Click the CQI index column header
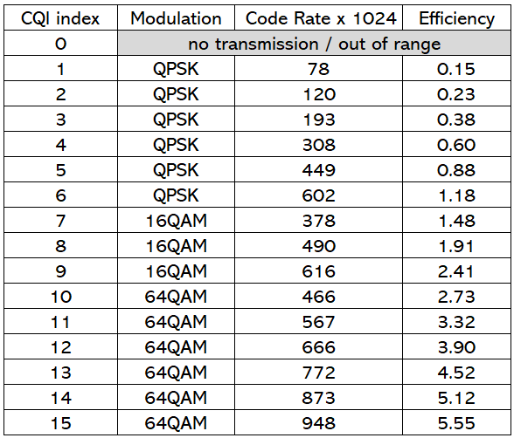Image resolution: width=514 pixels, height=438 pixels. pyautogui.click(x=60, y=17)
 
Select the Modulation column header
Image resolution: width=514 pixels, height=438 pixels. pyautogui.click(x=176, y=17)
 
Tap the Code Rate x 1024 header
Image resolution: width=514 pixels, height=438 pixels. pyautogui.click(x=321, y=17)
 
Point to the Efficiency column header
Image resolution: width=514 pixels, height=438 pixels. pyautogui.click(x=456, y=17)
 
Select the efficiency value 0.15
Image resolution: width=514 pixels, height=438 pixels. pyautogui.click(x=456, y=69)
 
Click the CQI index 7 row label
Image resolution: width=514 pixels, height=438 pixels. pyautogui.click(x=60, y=221)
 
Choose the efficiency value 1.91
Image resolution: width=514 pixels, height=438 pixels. pyautogui.click(x=456, y=246)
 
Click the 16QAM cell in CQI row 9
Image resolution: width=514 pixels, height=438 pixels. pyautogui.click(x=176, y=271)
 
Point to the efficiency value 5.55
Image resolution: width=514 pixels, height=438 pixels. pyautogui.click(x=456, y=423)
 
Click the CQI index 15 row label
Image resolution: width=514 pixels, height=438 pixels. pyautogui.click(x=60, y=423)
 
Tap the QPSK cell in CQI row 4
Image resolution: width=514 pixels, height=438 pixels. pyautogui.click(x=176, y=145)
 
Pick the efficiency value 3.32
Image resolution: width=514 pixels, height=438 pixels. pyautogui.click(x=456, y=322)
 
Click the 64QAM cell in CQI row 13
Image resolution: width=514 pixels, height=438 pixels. pyautogui.click(x=176, y=373)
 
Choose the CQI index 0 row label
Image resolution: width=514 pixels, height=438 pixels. pyautogui.click(x=60, y=44)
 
